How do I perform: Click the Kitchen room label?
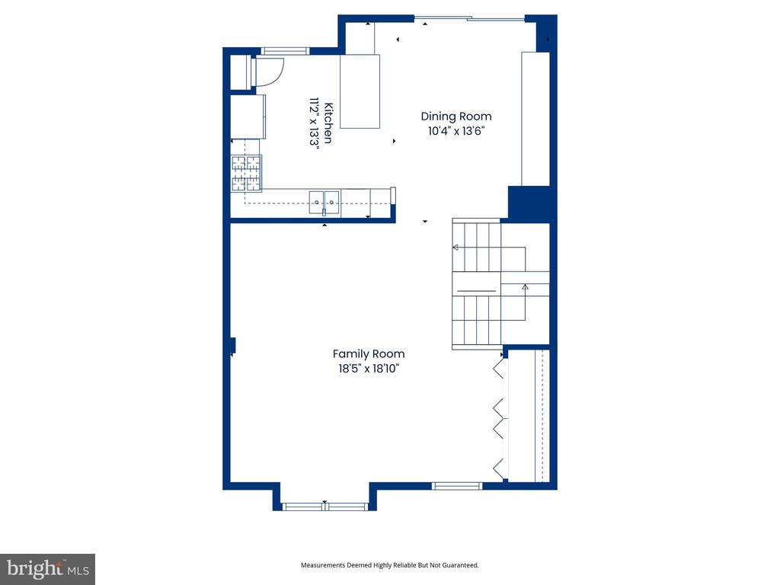pyautogui.click(x=329, y=123)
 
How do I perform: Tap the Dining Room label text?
pyautogui.click(x=456, y=117)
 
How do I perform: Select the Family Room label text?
pyautogui.click(x=369, y=353)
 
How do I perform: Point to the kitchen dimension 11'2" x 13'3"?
pyautogui.click(x=314, y=123)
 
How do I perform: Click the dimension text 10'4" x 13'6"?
pyautogui.click(x=456, y=131)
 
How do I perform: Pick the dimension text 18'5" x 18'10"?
pyautogui.click(x=369, y=369)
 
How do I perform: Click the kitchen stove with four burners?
pyautogui.click(x=246, y=173)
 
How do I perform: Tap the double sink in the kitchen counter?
pyautogui.click(x=324, y=203)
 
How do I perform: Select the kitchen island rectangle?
pyautogui.click(x=360, y=91)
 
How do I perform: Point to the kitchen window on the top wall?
pyautogui.click(x=285, y=51)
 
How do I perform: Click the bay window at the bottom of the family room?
pyautogui.click(x=324, y=507)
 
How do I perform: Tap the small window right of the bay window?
pyautogui.click(x=457, y=486)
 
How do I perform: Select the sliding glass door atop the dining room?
pyautogui.click(x=469, y=19)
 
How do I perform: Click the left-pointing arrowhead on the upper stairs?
pyautogui.click(x=456, y=248)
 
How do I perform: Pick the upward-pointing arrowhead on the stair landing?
pyautogui.click(x=525, y=286)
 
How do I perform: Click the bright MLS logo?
pyautogui.click(x=48, y=569)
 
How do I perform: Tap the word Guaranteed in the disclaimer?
pyautogui.click(x=462, y=565)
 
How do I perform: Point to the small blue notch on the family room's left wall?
pyautogui.click(x=232, y=346)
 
